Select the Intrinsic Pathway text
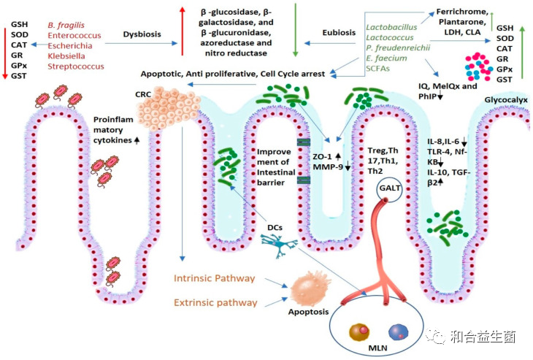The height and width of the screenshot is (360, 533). coord(215,279)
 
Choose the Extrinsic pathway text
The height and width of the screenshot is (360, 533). coord(215,302)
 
